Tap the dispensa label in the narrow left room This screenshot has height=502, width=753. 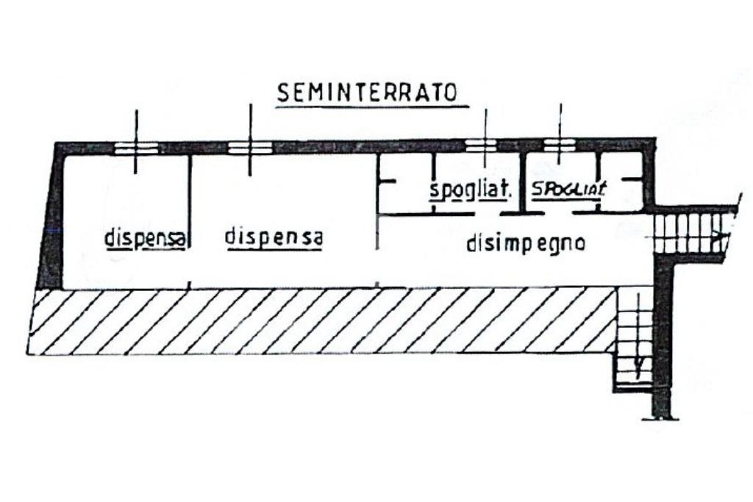144,239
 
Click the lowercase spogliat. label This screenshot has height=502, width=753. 471,190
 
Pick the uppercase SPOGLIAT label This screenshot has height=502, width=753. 568,189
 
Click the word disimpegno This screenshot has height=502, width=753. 526,244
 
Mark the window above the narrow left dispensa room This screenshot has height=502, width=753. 136,148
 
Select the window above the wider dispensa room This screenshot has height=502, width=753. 250,148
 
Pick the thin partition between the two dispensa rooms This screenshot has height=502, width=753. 190,220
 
